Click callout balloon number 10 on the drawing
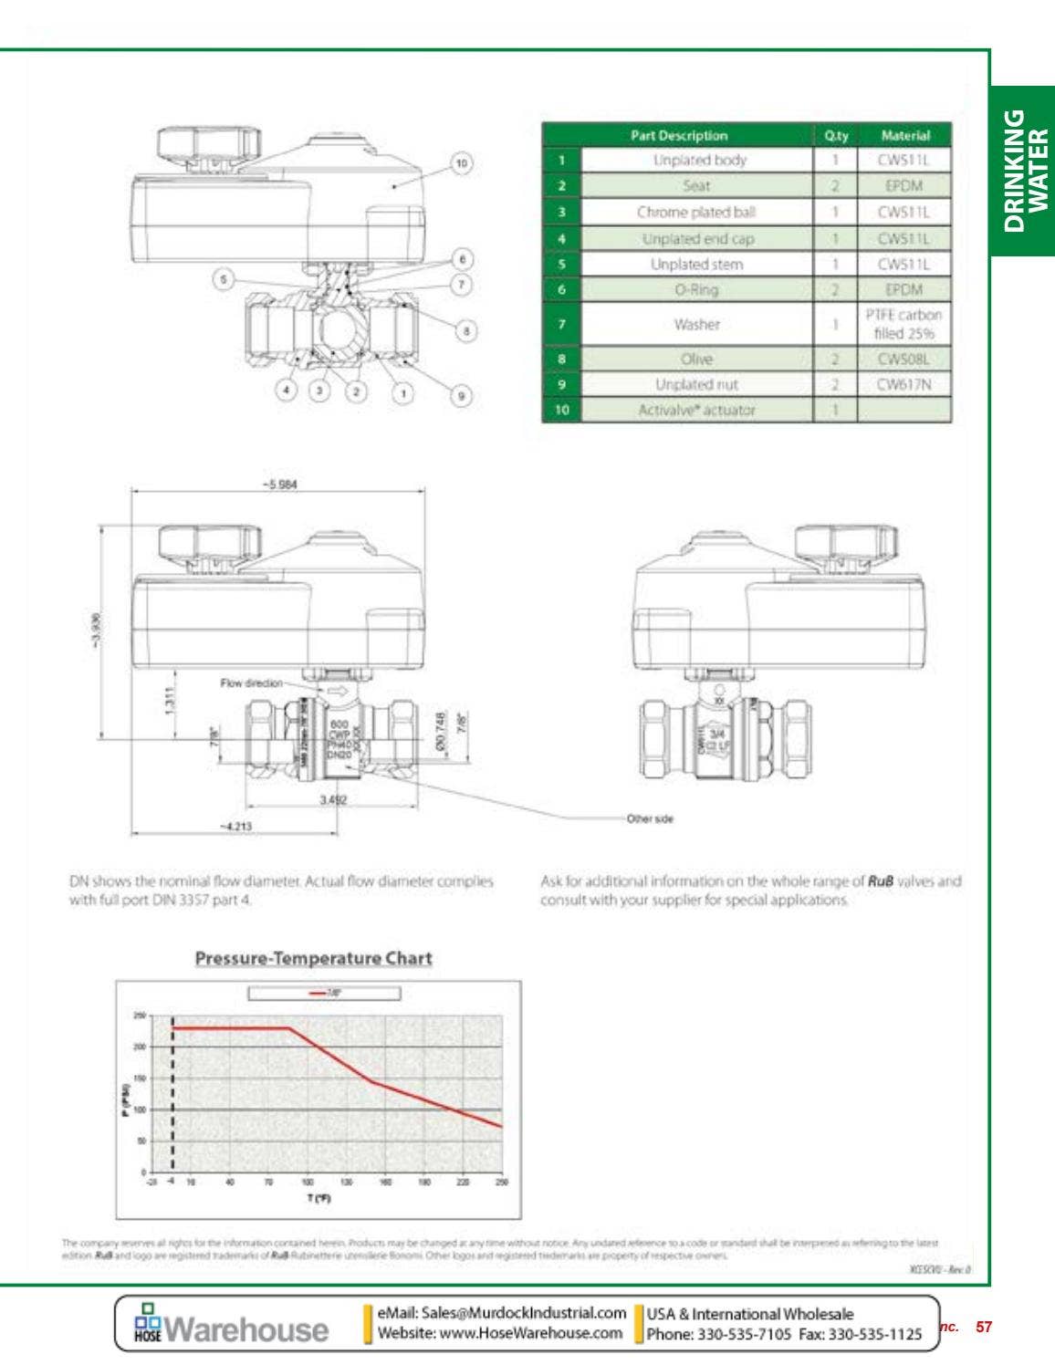pos(461,163)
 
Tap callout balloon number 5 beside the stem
pos(224,279)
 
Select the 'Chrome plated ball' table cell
pos(696,212)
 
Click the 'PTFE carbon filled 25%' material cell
pos(904,324)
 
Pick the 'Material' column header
pos(904,135)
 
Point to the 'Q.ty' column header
pos(835,135)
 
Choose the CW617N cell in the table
pos(904,384)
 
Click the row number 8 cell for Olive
pos(561,359)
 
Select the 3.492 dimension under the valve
pos(332,799)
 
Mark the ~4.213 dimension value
pos(235,826)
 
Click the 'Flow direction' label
pos(251,682)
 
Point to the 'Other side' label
pos(650,818)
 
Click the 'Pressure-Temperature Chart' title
pos(313,958)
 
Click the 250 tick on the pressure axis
pos(140,1016)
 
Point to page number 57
pos(984,1327)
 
